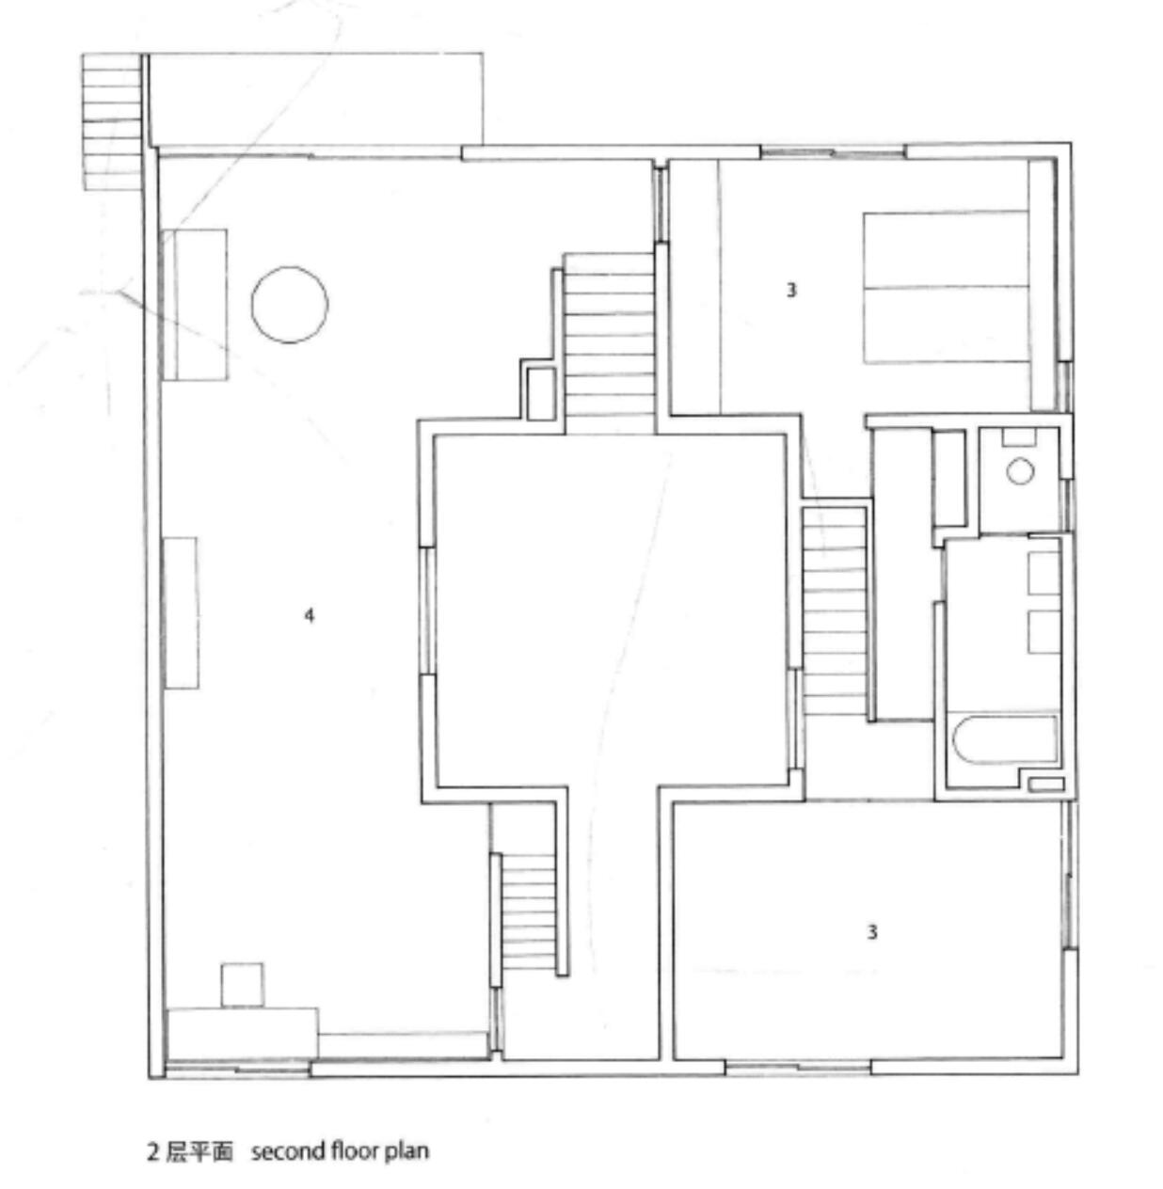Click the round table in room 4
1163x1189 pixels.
[x=289, y=304]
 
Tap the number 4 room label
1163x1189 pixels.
[x=310, y=615]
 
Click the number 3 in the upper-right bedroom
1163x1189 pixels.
[x=791, y=290]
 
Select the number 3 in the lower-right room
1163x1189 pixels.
[x=872, y=932]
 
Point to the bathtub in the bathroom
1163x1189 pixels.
[x=1005, y=740]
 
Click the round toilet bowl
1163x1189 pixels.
[x=1020, y=471]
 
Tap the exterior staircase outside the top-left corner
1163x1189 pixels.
[x=112, y=121]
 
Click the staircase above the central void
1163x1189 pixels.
[x=610, y=344]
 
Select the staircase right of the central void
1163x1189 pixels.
[x=835, y=611]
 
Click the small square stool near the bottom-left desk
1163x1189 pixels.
[x=242, y=985]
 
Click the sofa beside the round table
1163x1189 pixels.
[x=195, y=305]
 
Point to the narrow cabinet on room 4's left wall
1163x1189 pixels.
[x=181, y=612]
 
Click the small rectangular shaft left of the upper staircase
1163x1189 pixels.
[x=541, y=393]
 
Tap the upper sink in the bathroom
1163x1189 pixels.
[x=1044, y=573]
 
